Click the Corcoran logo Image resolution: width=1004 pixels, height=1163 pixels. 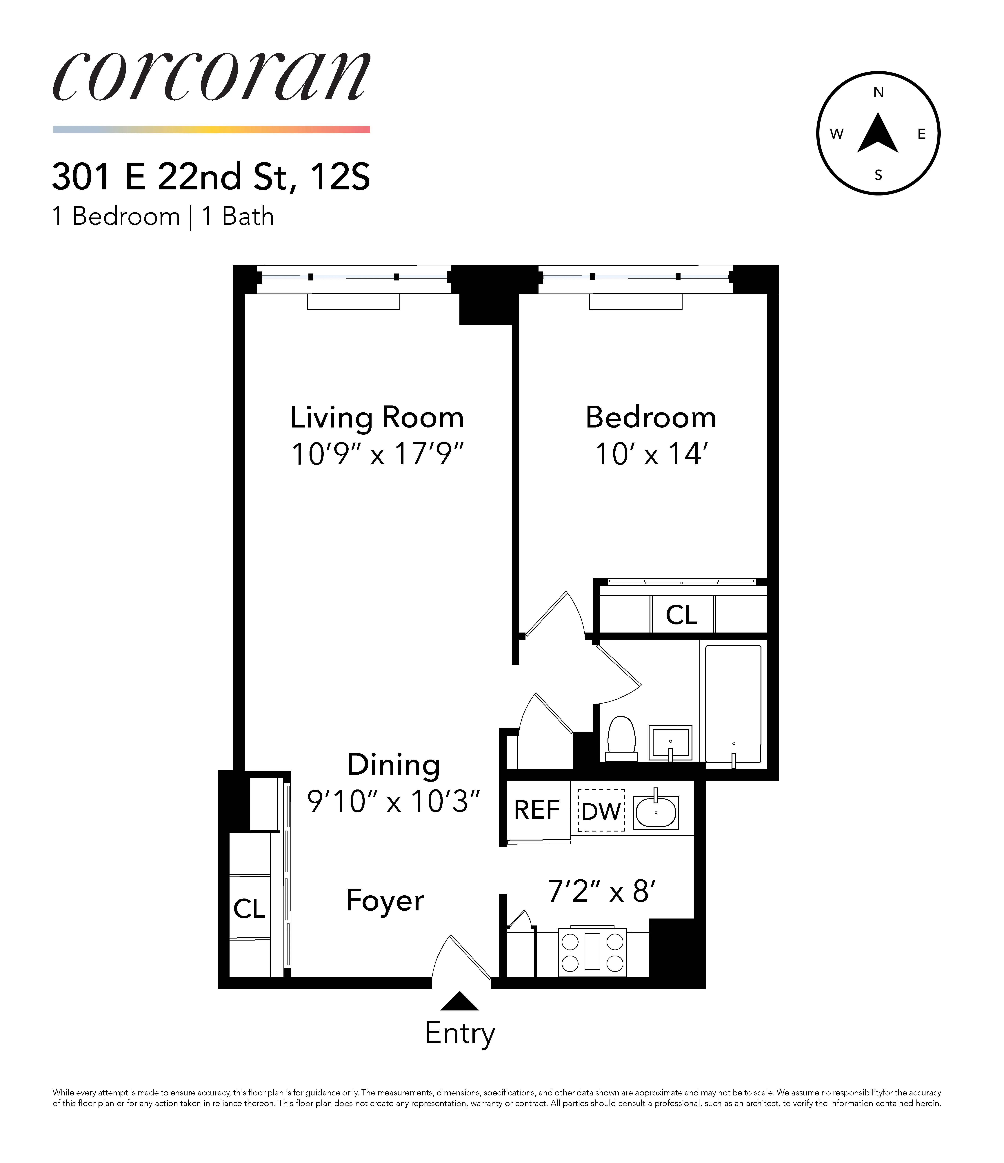(x=212, y=77)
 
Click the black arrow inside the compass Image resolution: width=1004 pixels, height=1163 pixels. (x=878, y=135)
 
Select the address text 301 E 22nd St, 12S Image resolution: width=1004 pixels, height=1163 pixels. (x=211, y=177)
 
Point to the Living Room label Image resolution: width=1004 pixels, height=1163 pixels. (x=376, y=418)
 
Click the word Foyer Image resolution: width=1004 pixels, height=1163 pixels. (x=385, y=901)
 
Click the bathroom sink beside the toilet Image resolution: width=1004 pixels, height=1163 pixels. (x=670, y=743)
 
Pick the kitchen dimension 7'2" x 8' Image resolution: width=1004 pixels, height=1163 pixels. (x=602, y=891)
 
